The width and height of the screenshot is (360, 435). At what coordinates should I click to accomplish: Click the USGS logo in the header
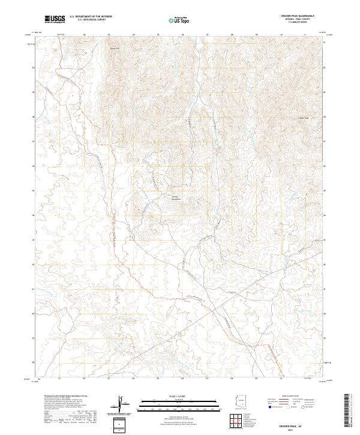55,19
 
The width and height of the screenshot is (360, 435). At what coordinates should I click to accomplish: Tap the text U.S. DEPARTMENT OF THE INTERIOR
91,17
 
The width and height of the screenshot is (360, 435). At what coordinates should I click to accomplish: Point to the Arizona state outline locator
241,401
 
